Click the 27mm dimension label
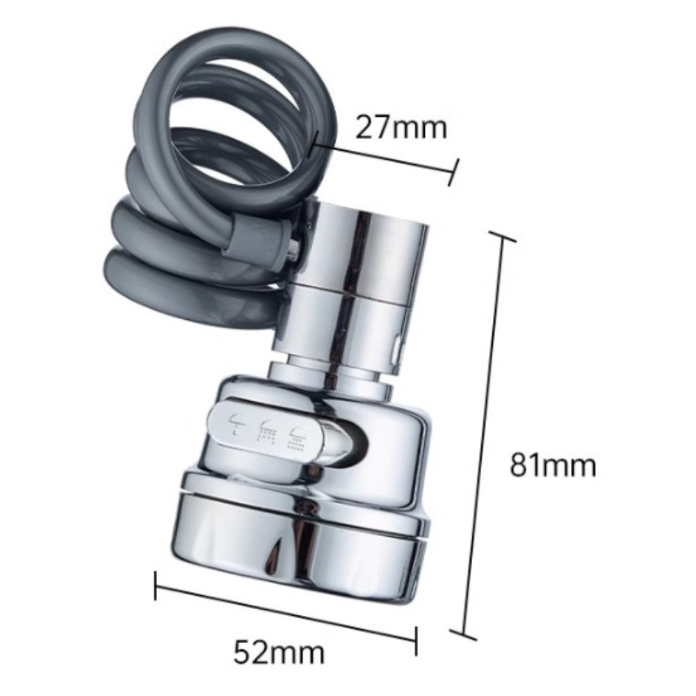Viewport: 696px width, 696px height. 400,127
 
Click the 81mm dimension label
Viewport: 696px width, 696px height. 553,464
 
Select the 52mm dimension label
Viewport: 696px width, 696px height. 280,652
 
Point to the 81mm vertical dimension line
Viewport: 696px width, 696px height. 483,435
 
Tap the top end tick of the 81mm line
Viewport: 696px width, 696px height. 503,236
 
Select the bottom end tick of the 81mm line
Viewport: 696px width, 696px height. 462,634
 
